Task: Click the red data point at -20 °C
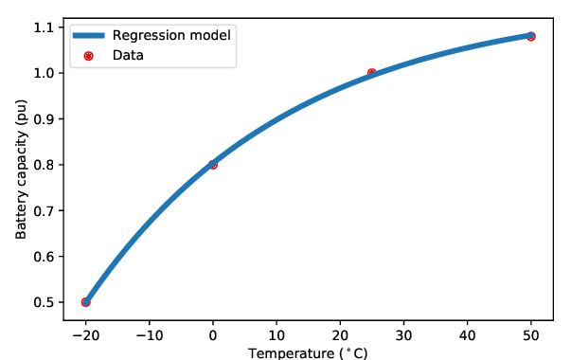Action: [85, 302]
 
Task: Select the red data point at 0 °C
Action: [213, 165]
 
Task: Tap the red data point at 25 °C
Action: [372, 73]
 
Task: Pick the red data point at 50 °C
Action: [531, 36]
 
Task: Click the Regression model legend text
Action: [171, 35]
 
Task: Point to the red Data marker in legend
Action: [88, 56]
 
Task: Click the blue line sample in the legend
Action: [88, 35]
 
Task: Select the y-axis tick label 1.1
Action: [44, 27]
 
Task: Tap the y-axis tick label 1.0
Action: [44, 73]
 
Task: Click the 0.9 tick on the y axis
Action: [44, 118]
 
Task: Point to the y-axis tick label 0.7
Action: [44, 210]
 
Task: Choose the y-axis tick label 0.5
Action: [44, 302]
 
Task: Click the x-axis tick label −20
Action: [85, 334]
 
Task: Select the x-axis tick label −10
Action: [150, 334]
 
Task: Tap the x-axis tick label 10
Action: [277, 334]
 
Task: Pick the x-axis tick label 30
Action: [403, 334]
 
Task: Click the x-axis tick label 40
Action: [467, 334]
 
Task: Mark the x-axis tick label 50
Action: [531, 334]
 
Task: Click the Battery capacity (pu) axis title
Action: [21, 169]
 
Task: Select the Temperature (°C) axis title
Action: [308, 353]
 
